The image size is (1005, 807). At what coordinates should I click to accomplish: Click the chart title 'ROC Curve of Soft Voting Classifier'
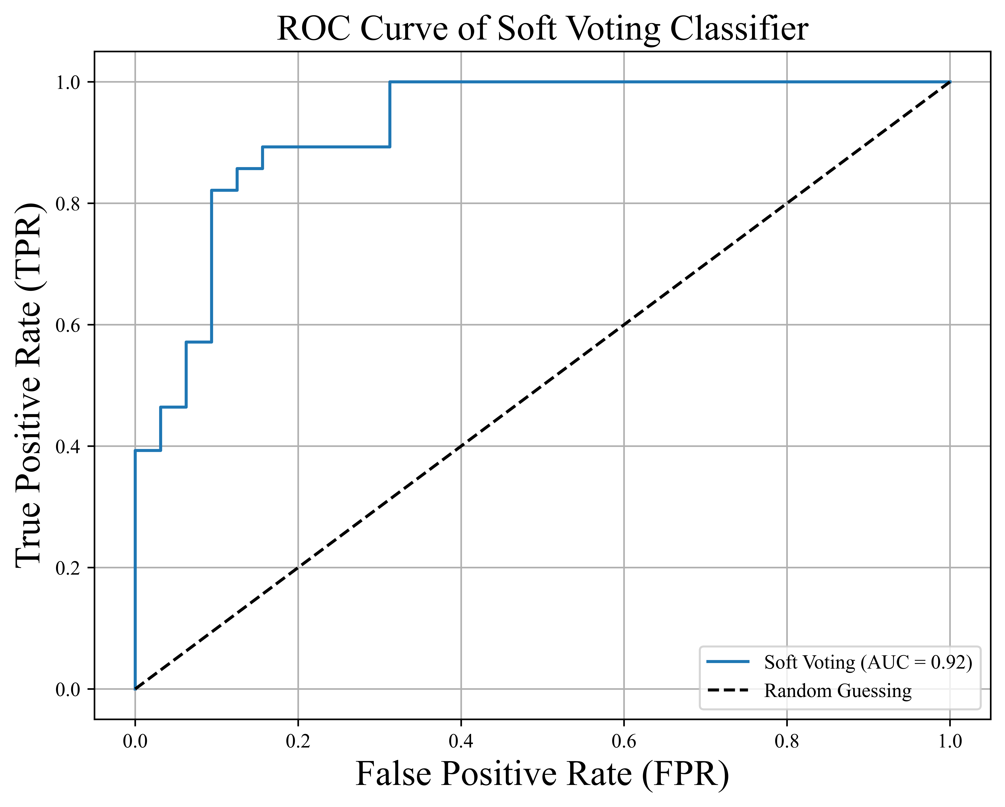(x=542, y=29)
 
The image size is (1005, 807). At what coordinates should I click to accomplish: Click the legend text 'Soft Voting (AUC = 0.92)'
(x=868, y=662)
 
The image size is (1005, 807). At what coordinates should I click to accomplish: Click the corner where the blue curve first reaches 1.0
(x=390, y=82)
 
